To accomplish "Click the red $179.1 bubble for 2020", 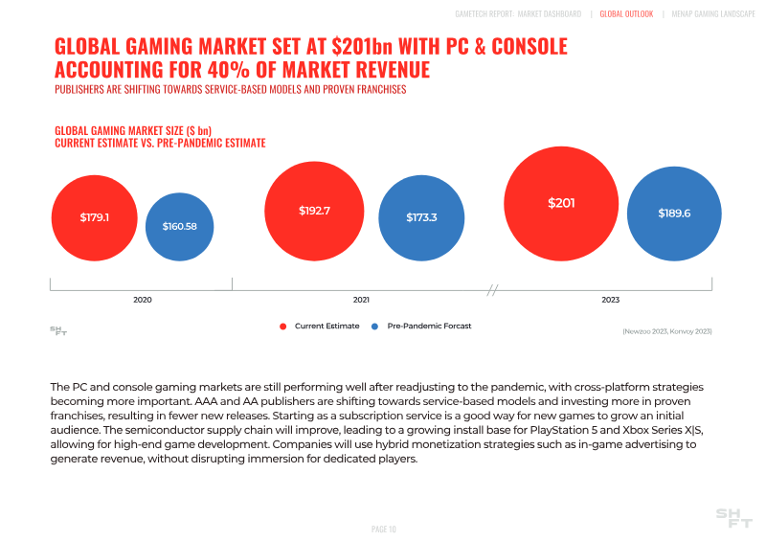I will pyautogui.click(x=95, y=217).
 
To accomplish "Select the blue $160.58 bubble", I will pyautogui.click(x=179, y=226).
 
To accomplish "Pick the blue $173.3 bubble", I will pyautogui.click(x=421, y=217).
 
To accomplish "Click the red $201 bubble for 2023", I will pyautogui.click(x=561, y=202).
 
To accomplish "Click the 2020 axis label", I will pyautogui.click(x=142, y=300).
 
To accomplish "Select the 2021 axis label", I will pyautogui.click(x=361, y=300).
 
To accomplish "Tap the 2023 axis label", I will pyautogui.click(x=610, y=300).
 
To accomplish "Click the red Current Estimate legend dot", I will pyautogui.click(x=282, y=327).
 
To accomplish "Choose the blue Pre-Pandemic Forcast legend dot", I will pyautogui.click(x=375, y=327).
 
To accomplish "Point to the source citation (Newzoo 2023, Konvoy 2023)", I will pyautogui.click(x=666, y=331).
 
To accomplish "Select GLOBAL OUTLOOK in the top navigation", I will pyautogui.click(x=626, y=14).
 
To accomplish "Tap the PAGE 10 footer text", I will pyautogui.click(x=383, y=529).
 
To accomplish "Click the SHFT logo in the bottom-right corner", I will pyautogui.click(x=733, y=518).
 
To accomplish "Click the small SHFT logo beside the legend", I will pyautogui.click(x=58, y=330).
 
